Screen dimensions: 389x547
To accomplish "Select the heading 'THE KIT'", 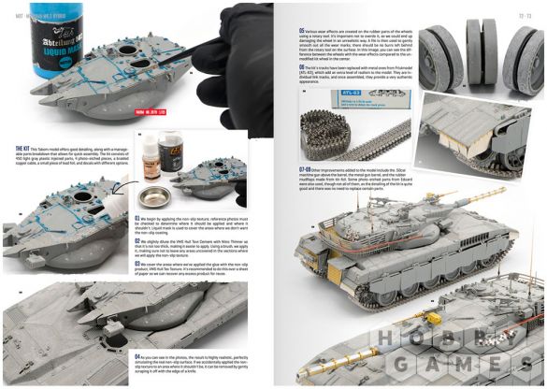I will pos(18,148).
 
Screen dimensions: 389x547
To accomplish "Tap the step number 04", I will pos(138,357).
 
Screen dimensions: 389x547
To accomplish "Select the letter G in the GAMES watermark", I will pos(405,362).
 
